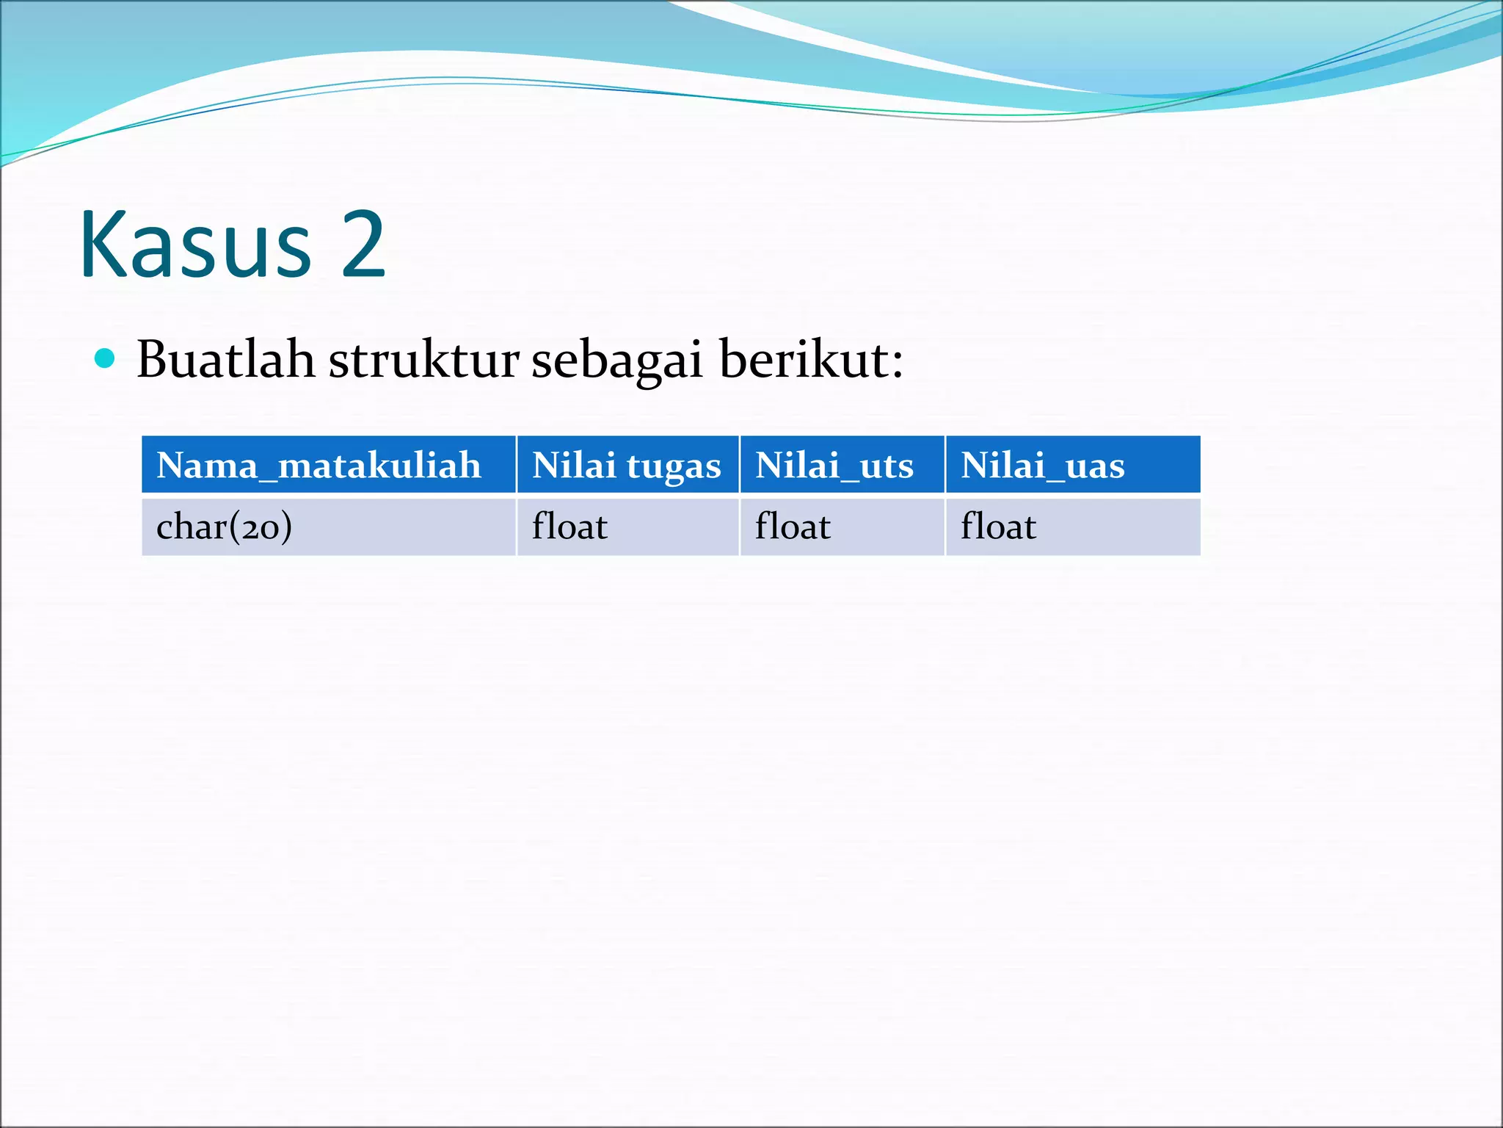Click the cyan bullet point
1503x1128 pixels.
[x=105, y=358]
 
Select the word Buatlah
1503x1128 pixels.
[x=225, y=360]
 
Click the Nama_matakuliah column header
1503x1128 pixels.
[x=319, y=465]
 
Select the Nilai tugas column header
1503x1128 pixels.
[x=627, y=465]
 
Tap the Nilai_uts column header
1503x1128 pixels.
[x=834, y=465]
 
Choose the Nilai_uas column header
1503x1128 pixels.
[x=1042, y=465]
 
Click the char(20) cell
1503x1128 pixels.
[x=224, y=527]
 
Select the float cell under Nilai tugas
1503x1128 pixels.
[x=569, y=527]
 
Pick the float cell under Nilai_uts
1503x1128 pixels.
[x=793, y=527]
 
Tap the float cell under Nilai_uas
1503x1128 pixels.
[x=998, y=527]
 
